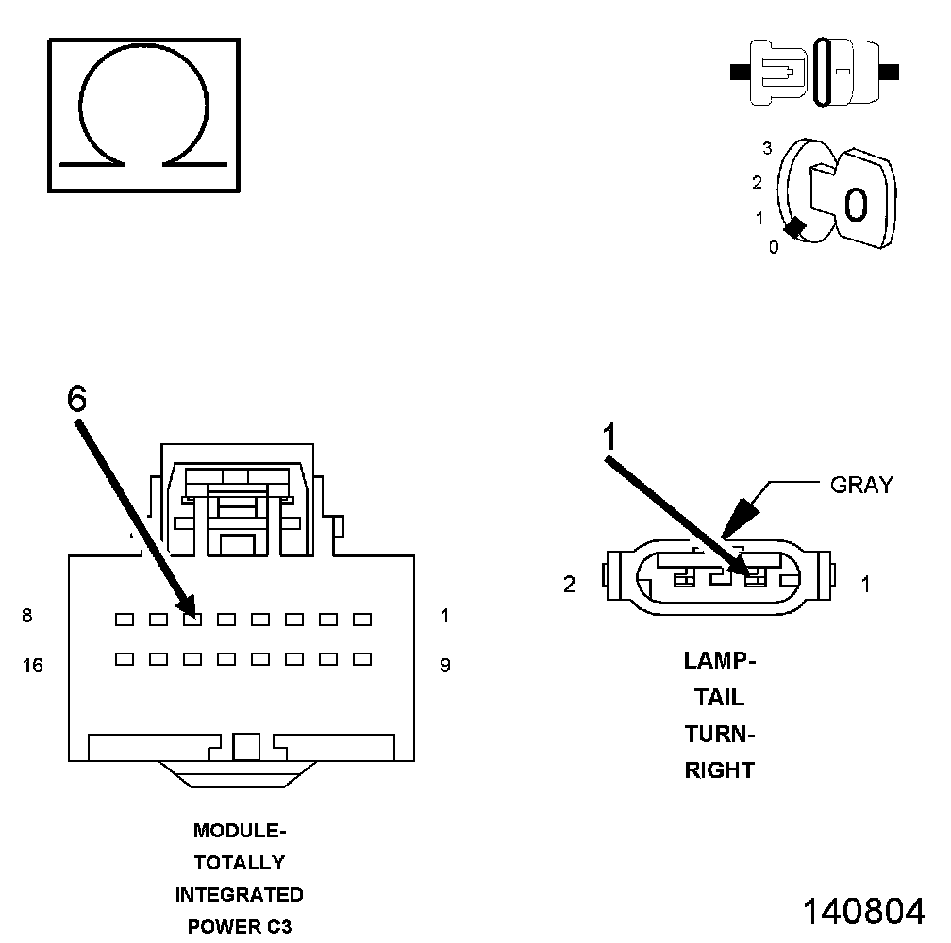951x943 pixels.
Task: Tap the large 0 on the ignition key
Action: click(855, 205)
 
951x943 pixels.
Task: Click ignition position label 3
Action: click(767, 148)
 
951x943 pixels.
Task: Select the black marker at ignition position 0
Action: click(795, 228)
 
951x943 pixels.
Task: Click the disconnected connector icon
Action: click(814, 72)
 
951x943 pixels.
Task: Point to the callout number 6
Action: click(77, 399)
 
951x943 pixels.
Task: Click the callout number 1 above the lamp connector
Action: click(610, 436)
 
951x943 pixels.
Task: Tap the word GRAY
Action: click(860, 486)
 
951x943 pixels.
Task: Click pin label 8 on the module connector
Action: click(27, 617)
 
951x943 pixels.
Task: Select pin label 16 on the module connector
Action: click(32, 666)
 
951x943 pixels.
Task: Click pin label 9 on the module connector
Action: click(445, 666)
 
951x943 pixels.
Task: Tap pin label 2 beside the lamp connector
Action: click(569, 585)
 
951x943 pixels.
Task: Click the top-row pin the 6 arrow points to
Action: click(192, 620)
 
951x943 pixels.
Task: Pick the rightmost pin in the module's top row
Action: click(361, 620)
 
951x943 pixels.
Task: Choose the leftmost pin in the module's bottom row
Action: click(124, 659)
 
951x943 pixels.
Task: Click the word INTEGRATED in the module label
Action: click(240, 894)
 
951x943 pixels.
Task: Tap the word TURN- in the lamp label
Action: click(720, 734)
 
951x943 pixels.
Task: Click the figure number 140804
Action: click(863, 911)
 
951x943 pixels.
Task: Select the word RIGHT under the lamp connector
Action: click(720, 770)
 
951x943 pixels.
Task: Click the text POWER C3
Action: click(240, 926)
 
